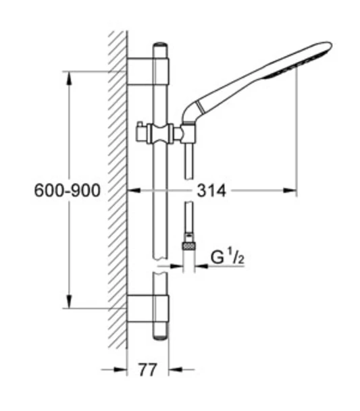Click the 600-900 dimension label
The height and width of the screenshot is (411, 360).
click(x=67, y=190)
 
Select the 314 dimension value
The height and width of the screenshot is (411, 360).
click(x=211, y=190)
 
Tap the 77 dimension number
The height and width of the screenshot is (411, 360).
click(x=148, y=370)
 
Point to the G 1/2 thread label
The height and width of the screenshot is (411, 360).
click(x=228, y=257)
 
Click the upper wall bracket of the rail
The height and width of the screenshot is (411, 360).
click(x=148, y=71)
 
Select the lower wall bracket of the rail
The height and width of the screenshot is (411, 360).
click(x=148, y=308)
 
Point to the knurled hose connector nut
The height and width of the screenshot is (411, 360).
click(x=189, y=246)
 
